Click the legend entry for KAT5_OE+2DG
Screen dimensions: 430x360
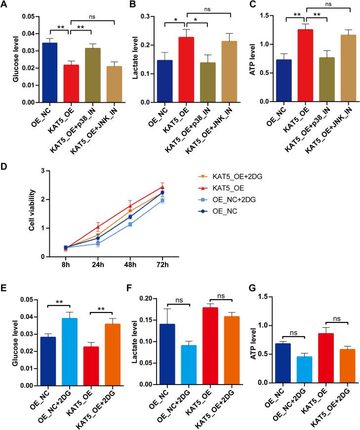232,176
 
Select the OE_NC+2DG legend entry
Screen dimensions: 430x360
232,198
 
